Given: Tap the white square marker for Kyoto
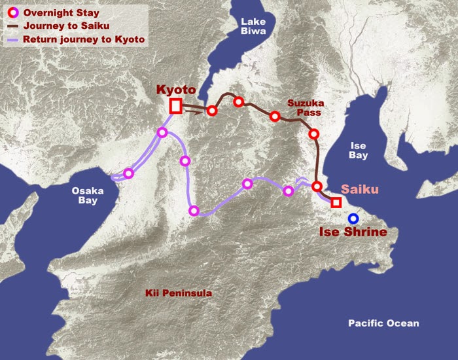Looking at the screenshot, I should pos(175,106).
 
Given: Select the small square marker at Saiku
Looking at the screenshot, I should pos(336,202).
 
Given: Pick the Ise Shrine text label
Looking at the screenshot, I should pos(353,232).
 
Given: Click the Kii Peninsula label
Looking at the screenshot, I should pos(179,293).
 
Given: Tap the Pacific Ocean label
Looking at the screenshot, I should pos(383,323).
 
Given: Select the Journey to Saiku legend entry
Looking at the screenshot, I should pos(66,26).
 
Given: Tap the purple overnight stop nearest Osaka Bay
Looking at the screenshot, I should pos(129,173).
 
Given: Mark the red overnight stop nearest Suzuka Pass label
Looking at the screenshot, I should pos(275,117).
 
